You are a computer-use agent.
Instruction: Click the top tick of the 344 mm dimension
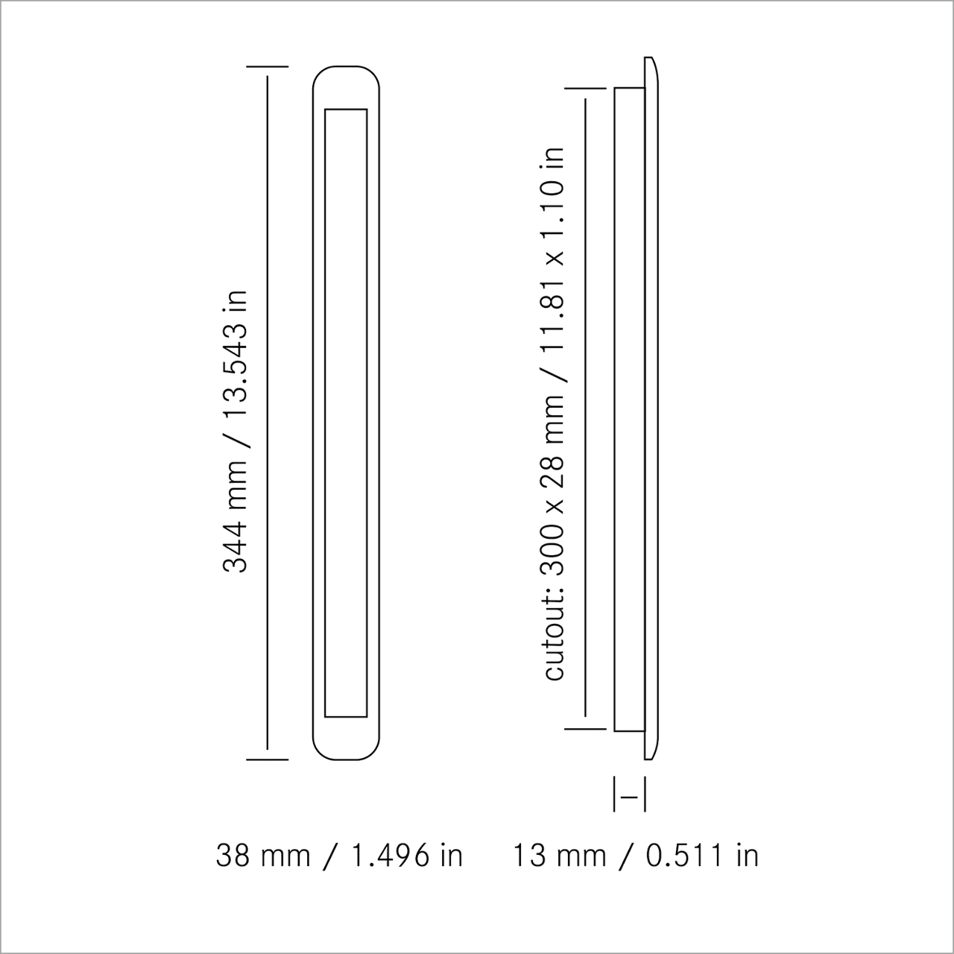click(267, 67)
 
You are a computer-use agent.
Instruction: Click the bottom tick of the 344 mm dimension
click(267, 759)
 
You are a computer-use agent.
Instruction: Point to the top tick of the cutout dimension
click(585, 89)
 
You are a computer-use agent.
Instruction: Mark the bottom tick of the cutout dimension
click(585, 728)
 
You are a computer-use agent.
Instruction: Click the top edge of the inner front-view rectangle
click(347, 110)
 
